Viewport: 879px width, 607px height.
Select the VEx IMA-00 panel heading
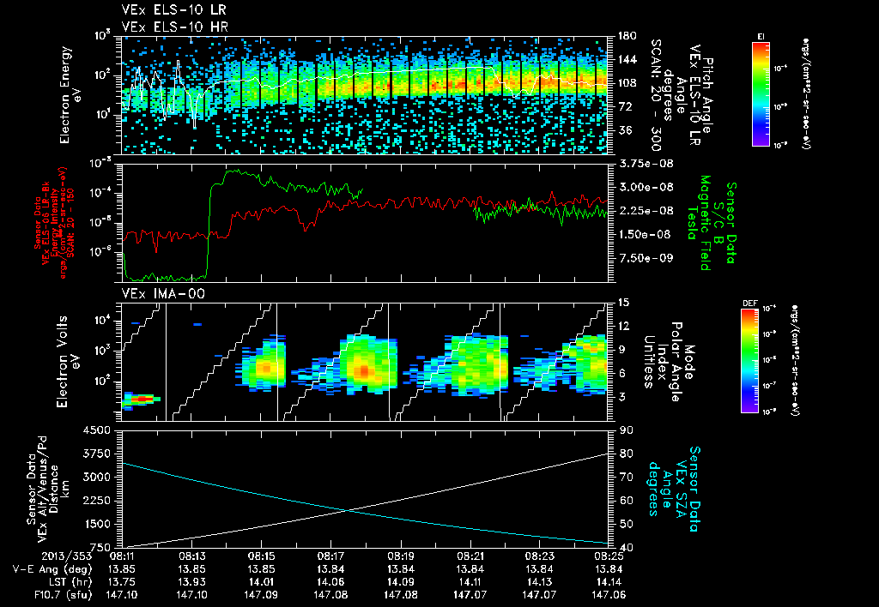pyautogui.click(x=158, y=294)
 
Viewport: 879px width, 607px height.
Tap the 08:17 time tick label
pyautogui.click(x=330, y=556)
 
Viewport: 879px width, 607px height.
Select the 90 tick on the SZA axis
pyautogui.click(x=617, y=430)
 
